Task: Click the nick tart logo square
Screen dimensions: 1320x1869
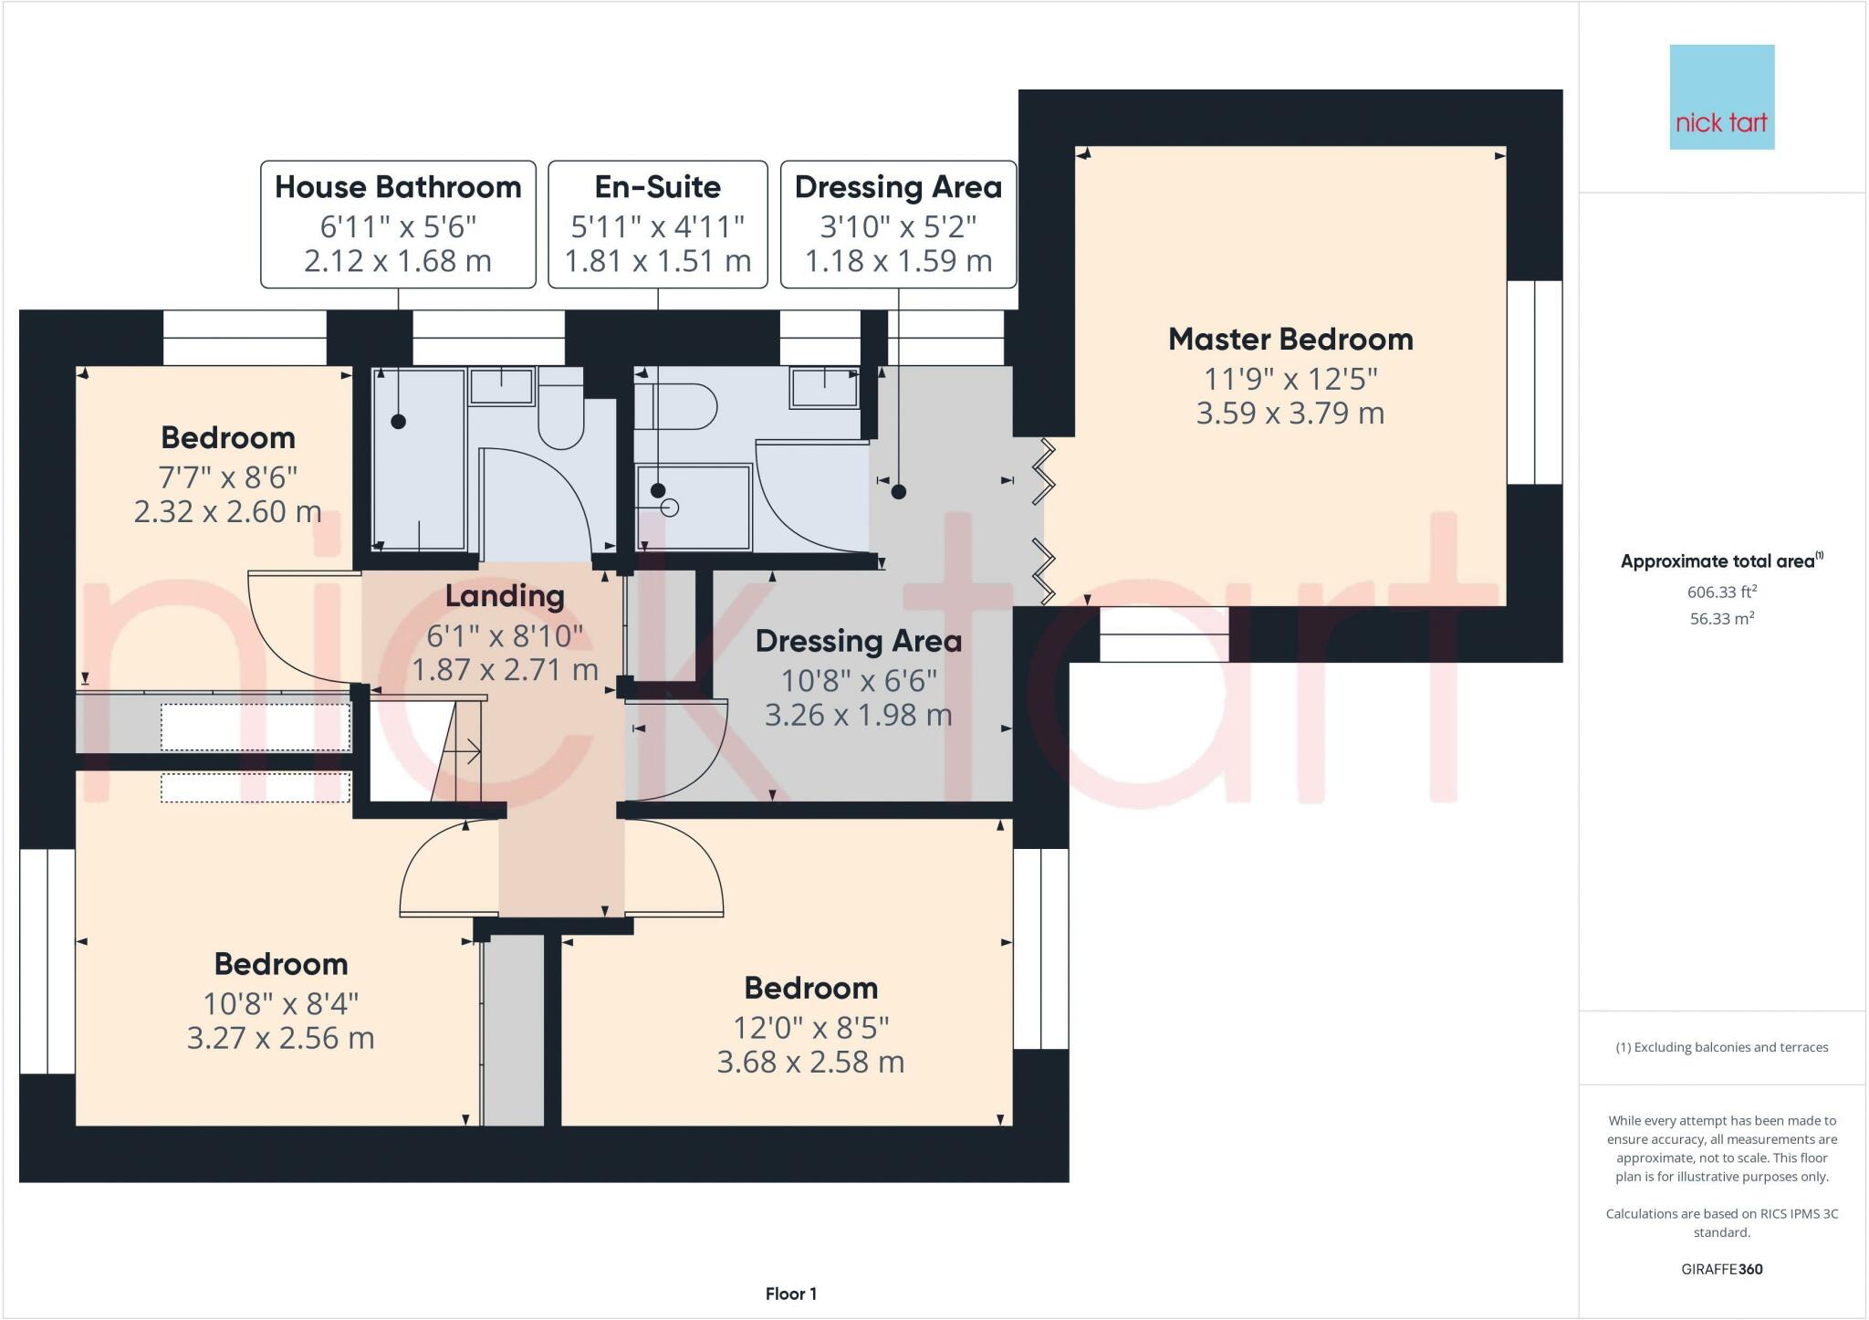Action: click(1721, 97)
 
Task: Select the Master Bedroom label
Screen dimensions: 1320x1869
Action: click(1290, 340)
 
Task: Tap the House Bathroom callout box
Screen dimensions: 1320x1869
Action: click(398, 224)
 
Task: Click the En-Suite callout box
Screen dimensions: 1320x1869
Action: click(657, 224)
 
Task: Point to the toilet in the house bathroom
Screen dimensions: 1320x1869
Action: click(560, 415)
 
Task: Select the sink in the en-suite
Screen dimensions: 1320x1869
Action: click(824, 388)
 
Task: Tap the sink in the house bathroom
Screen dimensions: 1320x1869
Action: click(501, 386)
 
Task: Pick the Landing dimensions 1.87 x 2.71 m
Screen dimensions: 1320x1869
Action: click(505, 669)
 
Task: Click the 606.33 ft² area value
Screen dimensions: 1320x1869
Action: click(1721, 592)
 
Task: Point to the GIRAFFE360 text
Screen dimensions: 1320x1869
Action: click(1721, 1269)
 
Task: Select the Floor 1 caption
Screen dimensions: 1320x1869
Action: click(790, 1294)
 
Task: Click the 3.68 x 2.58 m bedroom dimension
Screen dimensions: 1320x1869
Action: click(810, 1062)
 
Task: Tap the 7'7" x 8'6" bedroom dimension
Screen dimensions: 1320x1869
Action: click(227, 477)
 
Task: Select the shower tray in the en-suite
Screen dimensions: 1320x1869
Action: click(694, 508)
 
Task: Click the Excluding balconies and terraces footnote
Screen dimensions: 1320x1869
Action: click(1721, 1047)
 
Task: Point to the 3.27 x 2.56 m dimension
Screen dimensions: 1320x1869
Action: click(280, 1038)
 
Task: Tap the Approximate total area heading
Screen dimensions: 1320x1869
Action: click(1719, 561)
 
